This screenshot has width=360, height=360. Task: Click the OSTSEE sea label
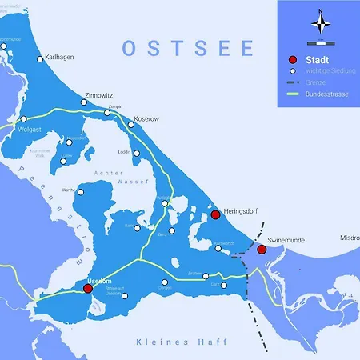[188, 49]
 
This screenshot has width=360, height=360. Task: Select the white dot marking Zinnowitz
[85, 103]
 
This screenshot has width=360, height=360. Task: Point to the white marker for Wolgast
[23, 118]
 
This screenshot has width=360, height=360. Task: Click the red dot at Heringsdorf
[215, 214]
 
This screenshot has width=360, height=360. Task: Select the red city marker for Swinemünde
[262, 250]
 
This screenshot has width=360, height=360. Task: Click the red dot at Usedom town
[88, 288]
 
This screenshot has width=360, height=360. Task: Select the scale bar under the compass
[321, 40]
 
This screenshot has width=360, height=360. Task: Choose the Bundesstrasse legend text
[329, 94]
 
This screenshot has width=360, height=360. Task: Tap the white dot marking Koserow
[131, 125]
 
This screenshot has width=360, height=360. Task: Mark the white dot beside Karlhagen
[41, 58]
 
